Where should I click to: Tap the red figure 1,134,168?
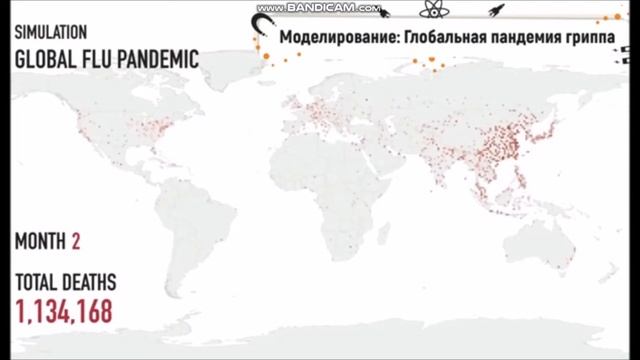(x=62, y=310)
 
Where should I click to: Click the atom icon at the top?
(x=432, y=10)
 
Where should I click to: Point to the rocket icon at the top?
(x=496, y=10)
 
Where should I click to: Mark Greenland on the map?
(x=232, y=62)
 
